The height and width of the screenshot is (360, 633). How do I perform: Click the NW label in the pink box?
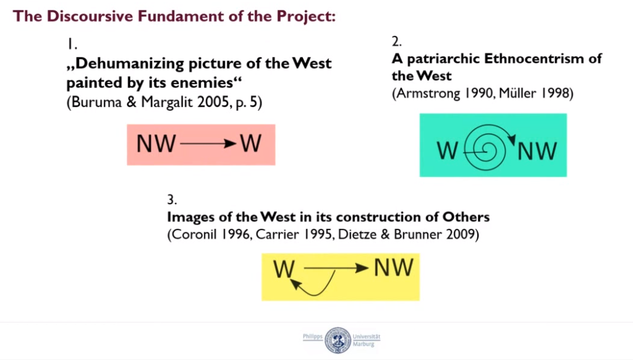(156, 144)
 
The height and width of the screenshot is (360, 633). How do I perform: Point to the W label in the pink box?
(251, 144)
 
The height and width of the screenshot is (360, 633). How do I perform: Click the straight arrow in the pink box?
(208, 144)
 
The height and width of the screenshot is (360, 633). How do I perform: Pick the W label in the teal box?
(448, 151)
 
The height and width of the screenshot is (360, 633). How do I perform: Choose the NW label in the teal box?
(537, 151)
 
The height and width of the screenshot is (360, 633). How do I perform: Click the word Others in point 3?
(466, 217)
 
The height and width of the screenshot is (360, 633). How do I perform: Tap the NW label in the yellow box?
(394, 268)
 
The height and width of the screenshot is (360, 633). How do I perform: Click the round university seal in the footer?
(338, 341)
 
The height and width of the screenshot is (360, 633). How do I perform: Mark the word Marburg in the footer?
(363, 345)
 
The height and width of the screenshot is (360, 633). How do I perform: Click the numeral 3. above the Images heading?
(172, 200)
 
